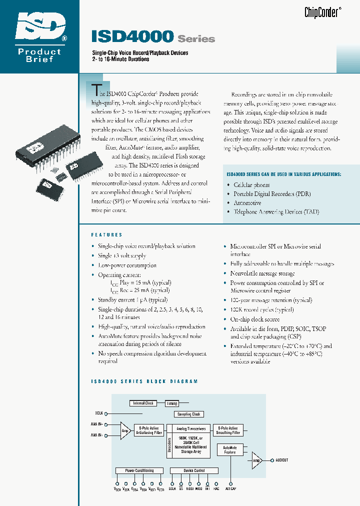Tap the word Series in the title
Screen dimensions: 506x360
tap(196, 39)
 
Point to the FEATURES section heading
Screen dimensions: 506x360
tap(106, 234)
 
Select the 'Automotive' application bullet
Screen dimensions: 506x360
tap(247, 203)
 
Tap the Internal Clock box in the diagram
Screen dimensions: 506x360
tap(143, 403)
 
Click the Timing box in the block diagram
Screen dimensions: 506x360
tap(172, 403)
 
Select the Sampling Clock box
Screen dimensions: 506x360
tap(188, 414)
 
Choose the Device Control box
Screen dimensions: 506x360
tap(194, 470)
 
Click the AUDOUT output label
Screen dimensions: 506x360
tap(281, 460)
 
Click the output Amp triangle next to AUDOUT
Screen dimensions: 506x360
tap(256, 460)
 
